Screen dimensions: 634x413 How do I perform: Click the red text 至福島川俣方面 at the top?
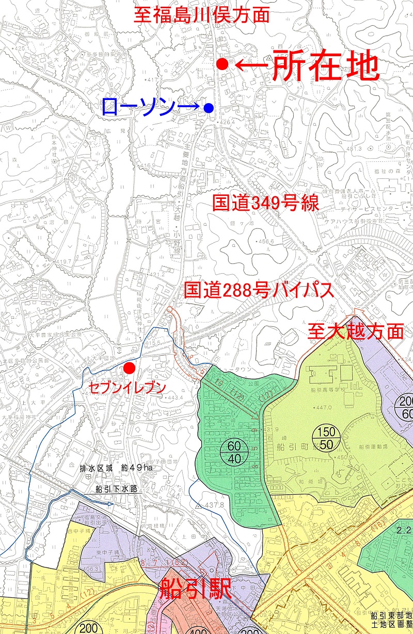[x=202, y=14]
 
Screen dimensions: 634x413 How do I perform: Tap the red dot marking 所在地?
[x=222, y=64]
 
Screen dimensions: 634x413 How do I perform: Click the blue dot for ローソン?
[x=209, y=108]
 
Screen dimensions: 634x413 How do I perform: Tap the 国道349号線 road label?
[x=266, y=203]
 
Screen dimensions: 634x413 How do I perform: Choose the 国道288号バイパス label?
[x=258, y=291]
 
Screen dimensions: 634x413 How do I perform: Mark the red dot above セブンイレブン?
[x=129, y=368]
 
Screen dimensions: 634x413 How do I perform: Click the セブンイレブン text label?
[x=127, y=388]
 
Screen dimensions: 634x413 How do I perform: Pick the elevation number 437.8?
[x=214, y=505]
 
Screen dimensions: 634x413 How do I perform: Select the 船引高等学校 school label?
[x=329, y=390]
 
